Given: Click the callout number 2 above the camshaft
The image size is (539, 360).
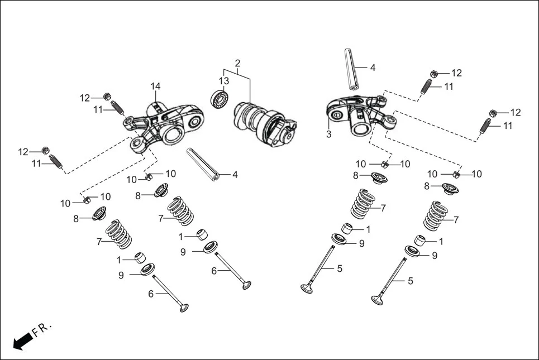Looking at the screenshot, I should [x=237, y=63].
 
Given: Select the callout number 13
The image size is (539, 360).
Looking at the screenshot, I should [x=224, y=81].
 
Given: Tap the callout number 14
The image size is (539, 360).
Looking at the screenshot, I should [x=155, y=87].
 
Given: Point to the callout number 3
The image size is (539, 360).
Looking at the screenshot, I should [x=328, y=135].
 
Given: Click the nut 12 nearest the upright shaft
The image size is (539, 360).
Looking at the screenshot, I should [x=434, y=74].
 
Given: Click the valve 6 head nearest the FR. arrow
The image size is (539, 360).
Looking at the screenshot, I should [x=183, y=308].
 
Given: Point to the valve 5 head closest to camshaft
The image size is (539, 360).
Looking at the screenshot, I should [x=307, y=289].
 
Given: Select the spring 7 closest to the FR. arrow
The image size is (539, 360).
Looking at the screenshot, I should [x=118, y=234].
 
